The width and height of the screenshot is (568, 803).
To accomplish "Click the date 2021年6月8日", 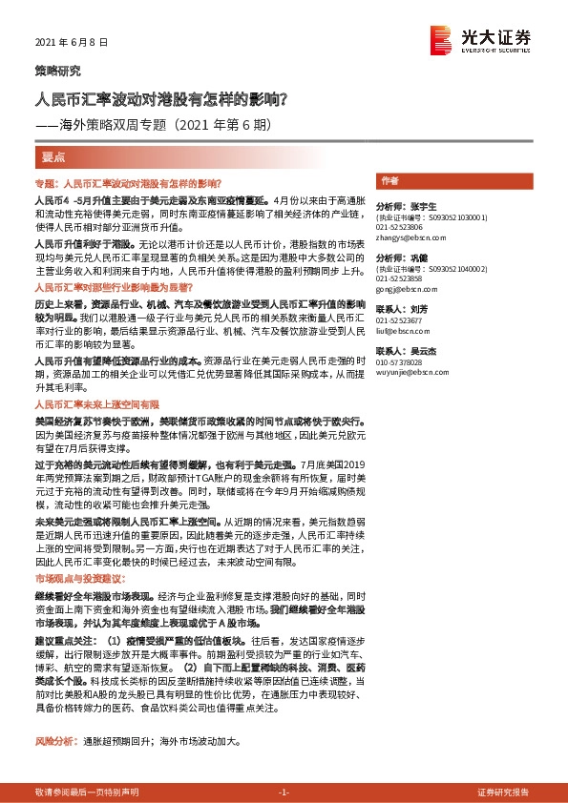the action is click(x=72, y=44).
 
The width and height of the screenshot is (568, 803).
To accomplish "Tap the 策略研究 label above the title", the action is click(x=58, y=72).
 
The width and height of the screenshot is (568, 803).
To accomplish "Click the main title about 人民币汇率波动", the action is click(x=167, y=98).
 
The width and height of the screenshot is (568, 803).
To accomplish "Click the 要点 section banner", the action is click(x=53, y=156).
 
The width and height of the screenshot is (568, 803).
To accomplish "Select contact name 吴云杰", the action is click(x=413, y=351).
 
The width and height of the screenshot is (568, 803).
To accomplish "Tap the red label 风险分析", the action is click(x=54, y=713).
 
